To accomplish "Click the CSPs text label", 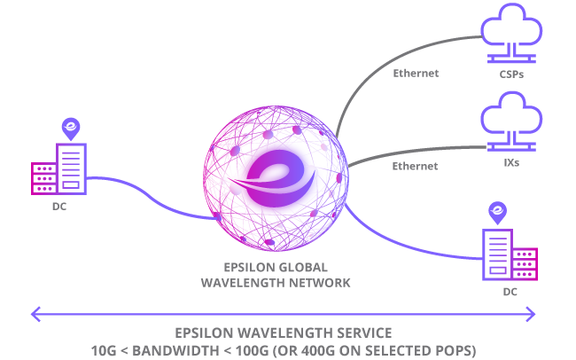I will tap(511, 74).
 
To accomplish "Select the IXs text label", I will tap(511, 164).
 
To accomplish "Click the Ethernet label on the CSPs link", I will tap(416, 73).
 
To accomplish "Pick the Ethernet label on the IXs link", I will tap(416, 166).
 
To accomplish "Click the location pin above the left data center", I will tap(70, 129).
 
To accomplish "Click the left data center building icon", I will tap(60, 171).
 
